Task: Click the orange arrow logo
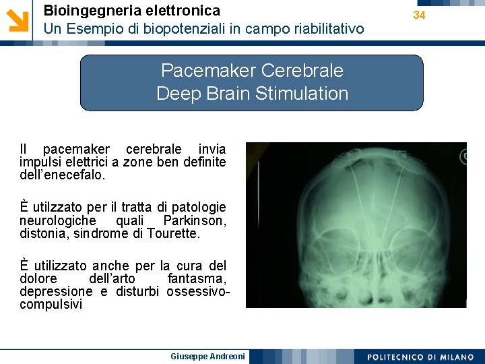pyautogui.click(x=18, y=20)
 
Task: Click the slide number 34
pyautogui.click(x=420, y=15)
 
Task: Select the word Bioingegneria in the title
pyautogui.click(x=84, y=10)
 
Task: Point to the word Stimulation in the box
pyautogui.click(x=302, y=93)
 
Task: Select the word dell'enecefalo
pyautogui.click(x=62, y=174)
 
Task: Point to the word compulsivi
pyautogui.click(x=51, y=304)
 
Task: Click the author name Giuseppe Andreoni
pyautogui.click(x=208, y=356)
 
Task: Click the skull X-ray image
pyautogui.click(x=356, y=224)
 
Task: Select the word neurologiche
pyautogui.click(x=57, y=220)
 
